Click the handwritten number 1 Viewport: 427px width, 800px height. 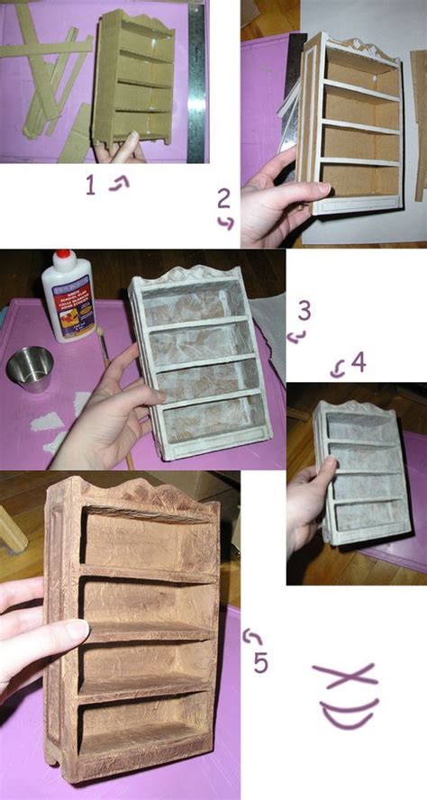pos(90,186)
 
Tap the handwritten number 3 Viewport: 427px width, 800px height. pos(304,311)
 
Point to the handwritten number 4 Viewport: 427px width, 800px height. pos(359,363)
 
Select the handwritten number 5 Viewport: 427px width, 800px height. pos(260,663)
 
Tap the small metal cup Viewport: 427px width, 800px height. pos(30,369)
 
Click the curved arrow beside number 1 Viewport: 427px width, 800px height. pos(118,183)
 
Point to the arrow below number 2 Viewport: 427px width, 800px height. pos(227,223)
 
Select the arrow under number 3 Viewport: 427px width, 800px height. pos(296,337)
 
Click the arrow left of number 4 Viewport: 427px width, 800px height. pos(338,367)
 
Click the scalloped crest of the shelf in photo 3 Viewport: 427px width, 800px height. pos(193,276)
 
